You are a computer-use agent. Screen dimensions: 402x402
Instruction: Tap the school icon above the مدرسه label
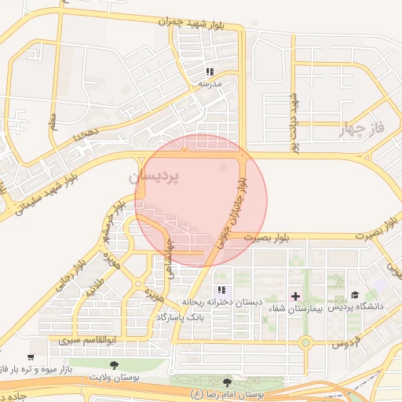point(210,71)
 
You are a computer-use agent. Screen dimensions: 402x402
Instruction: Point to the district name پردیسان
point(154,178)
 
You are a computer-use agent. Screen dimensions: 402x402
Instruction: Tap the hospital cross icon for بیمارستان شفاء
point(295,296)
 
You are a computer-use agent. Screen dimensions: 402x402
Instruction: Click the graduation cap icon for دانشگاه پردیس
point(355,295)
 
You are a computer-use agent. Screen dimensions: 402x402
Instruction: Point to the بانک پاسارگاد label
point(180,316)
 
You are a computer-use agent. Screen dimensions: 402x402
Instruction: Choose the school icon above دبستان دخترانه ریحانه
point(211,290)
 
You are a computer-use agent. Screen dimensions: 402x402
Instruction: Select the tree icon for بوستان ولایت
point(115,365)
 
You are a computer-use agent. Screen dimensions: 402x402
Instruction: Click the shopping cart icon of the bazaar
point(31,357)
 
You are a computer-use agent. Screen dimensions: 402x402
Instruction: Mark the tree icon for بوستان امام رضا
point(228,382)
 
